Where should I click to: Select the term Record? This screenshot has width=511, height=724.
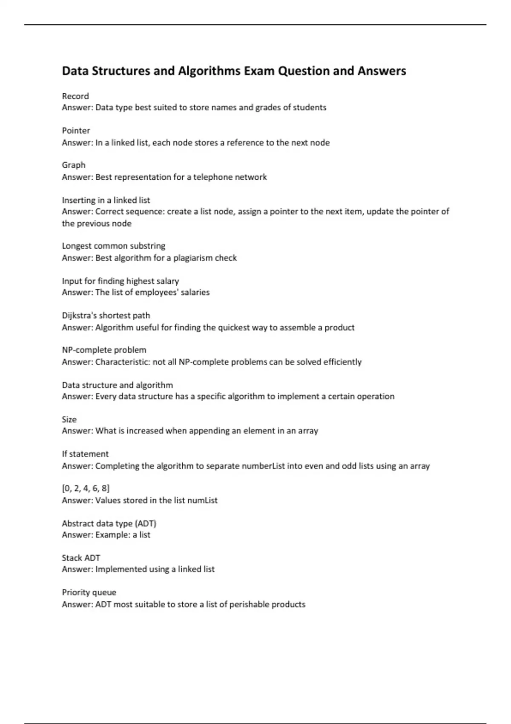(x=75, y=96)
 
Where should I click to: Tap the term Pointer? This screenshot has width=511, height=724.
(x=76, y=131)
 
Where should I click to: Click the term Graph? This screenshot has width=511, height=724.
(x=74, y=165)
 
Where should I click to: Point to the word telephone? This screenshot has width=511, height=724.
(x=212, y=177)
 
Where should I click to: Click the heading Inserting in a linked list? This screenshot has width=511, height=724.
(x=106, y=200)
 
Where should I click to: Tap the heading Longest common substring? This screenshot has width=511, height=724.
(x=114, y=246)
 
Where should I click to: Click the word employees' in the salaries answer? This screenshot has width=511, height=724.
(x=157, y=293)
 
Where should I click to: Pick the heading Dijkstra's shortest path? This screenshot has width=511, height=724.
(x=106, y=316)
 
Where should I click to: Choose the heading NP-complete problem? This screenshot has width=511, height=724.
(x=104, y=350)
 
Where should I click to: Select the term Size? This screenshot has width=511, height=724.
(x=69, y=419)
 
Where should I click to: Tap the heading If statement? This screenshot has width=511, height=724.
(x=85, y=454)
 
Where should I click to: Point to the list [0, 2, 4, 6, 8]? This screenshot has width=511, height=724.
(x=86, y=488)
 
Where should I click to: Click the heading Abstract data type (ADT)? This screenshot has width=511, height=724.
(x=109, y=523)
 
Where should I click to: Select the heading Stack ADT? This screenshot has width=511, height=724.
(x=81, y=558)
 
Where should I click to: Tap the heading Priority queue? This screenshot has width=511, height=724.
(x=89, y=592)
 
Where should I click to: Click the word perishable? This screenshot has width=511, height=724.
(x=249, y=604)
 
